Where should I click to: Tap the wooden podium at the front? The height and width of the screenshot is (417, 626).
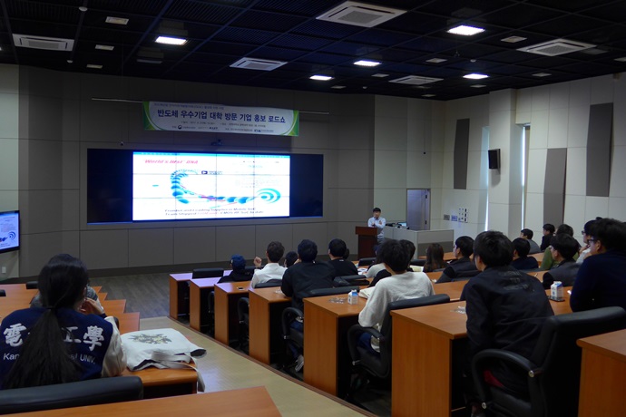click(x=367, y=241)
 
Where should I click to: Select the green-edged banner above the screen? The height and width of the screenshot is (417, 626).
click(x=220, y=118)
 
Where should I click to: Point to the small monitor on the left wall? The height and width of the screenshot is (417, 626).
click(x=8, y=230)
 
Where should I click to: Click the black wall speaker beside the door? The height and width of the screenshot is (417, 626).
click(x=493, y=159)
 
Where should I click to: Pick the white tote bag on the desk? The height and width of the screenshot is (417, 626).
click(x=161, y=346)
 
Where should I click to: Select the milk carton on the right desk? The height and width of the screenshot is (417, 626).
click(x=556, y=290)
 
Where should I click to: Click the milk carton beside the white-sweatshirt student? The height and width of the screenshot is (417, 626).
click(x=353, y=296)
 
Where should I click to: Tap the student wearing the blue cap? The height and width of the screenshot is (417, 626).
click(x=238, y=267)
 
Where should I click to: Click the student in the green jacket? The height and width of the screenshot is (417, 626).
click(x=548, y=258)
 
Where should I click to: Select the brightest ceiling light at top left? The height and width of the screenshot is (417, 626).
click(x=170, y=40)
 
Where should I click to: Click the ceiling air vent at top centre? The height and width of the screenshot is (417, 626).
click(x=360, y=13)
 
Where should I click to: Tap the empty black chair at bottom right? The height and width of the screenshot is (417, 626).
click(x=549, y=363)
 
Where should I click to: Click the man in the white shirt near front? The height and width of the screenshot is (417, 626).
click(x=269, y=265)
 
